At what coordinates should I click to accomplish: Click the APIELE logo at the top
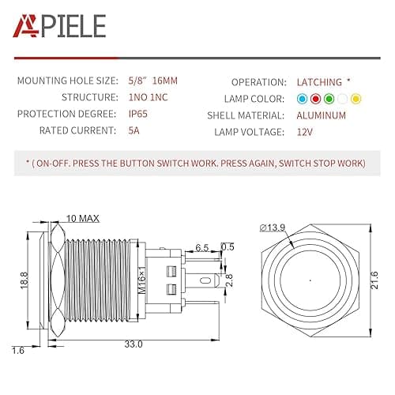tap(58, 27)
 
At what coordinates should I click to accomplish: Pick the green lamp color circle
tap(328, 99)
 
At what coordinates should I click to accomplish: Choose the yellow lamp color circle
tap(355, 99)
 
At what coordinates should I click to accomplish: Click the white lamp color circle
tap(342, 99)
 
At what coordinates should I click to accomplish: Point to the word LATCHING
tap(319, 82)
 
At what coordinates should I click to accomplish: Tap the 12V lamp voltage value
tap(306, 131)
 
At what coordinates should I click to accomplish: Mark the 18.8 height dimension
tap(24, 279)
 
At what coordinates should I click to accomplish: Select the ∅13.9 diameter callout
tap(272, 228)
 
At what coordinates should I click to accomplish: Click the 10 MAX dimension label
tap(82, 217)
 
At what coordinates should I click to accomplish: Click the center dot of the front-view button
tap(310, 280)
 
